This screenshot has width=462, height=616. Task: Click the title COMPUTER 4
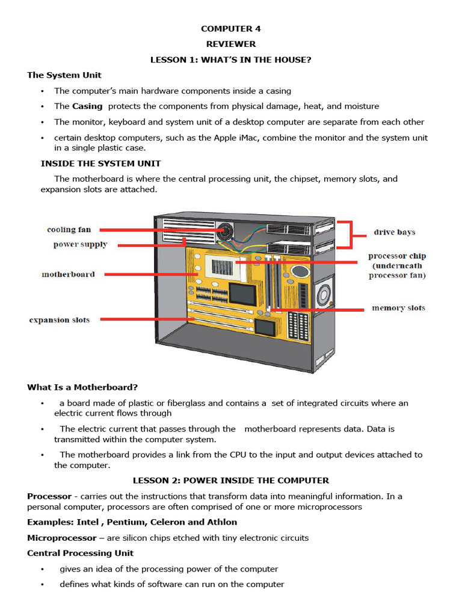(231, 28)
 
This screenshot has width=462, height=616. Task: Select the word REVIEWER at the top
(231, 44)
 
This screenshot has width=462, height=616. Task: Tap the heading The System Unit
(64, 75)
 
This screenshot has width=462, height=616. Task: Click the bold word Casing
(88, 106)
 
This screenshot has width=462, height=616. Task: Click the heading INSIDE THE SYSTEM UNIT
(100, 164)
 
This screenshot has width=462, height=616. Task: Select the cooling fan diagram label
(69, 230)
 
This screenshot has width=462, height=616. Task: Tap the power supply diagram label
(80, 245)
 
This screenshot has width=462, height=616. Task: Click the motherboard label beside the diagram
(68, 274)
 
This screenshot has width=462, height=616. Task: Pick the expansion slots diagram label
(59, 320)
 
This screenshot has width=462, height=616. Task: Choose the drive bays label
(394, 232)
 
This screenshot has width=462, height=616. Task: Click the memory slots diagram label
(398, 308)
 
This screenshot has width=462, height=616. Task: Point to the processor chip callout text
(396, 266)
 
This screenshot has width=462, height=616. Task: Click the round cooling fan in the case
(226, 231)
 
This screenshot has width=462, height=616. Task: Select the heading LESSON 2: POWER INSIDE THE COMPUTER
(231, 481)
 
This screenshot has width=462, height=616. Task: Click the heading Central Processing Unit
(80, 553)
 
